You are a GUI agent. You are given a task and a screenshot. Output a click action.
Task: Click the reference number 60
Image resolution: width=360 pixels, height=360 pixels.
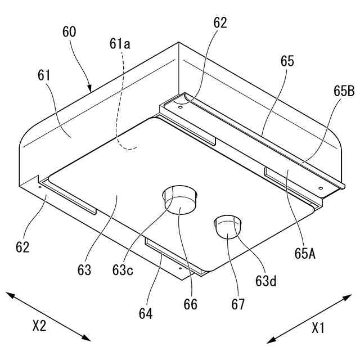[70, 31]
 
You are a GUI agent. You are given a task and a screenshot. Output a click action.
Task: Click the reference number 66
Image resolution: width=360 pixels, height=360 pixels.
[191, 304]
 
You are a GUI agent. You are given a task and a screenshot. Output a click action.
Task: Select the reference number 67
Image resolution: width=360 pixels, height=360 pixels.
[238, 304]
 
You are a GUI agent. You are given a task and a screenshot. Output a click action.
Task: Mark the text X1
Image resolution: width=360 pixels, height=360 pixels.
[318, 327]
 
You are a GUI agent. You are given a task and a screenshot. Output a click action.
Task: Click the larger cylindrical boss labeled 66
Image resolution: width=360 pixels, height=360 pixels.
[180, 200]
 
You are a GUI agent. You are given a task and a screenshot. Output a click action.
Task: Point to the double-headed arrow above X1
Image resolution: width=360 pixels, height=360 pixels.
[309, 318]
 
